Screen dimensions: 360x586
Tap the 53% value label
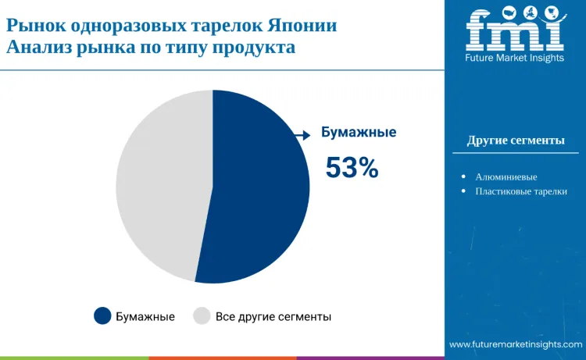352,167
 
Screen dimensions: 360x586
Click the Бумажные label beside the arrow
359,132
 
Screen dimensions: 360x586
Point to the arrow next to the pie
301,135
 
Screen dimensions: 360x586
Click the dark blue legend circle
102,316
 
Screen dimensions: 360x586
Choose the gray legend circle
202,316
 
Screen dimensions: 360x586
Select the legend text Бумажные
145,317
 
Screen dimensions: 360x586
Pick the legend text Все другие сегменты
273,317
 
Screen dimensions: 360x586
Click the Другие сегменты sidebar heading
516,141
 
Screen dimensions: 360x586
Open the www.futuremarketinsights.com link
516,344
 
